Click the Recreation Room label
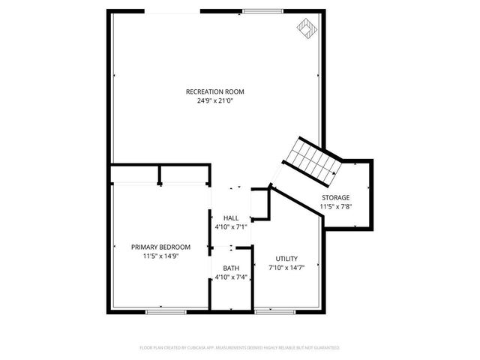point(215,91)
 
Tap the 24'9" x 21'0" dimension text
point(215,100)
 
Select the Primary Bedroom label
point(160,247)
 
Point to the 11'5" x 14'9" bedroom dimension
point(160,255)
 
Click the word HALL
point(231,217)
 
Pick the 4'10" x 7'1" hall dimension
point(231,226)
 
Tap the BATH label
point(231,268)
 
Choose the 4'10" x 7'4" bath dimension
point(231,277)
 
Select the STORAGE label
point(335,197)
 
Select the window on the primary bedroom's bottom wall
point(166,310)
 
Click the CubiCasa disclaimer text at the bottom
point(240,348)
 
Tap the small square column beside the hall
point(259,204)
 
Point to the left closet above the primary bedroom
point(135,175)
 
